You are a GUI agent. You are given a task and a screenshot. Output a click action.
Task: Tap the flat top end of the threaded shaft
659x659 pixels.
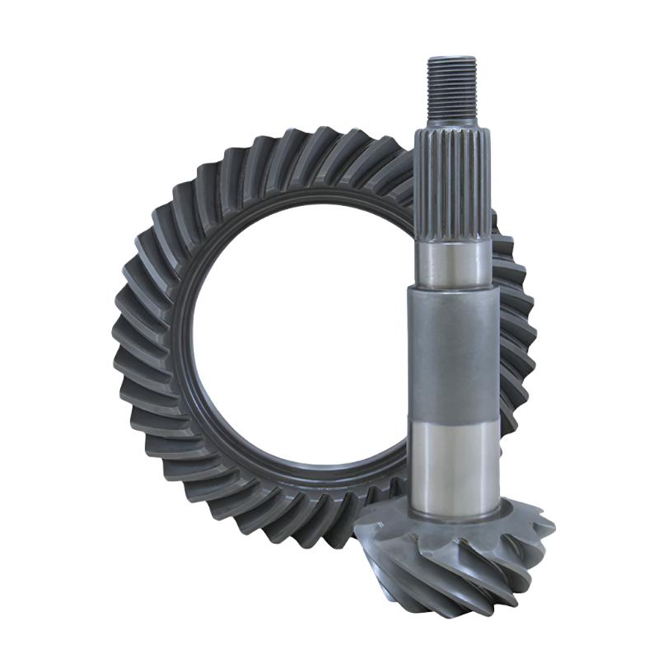(x=451, y=58)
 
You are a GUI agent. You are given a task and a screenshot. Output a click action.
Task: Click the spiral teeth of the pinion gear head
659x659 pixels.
(x=461, y=560)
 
